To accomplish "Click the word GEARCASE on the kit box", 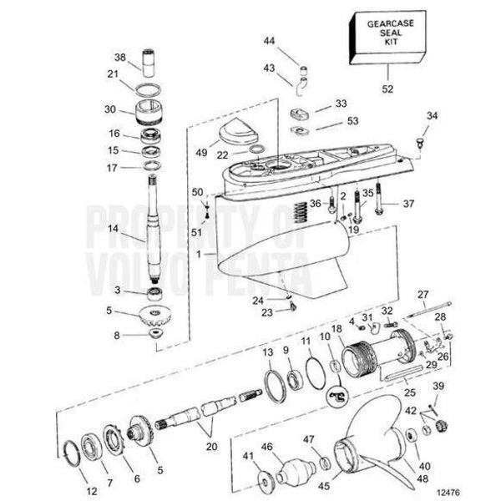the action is (390, 23).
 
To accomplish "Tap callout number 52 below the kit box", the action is (387, 89).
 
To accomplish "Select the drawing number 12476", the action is (448, 492).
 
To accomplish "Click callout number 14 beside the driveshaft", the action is (113, 229).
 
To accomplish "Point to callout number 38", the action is (119, 57).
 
